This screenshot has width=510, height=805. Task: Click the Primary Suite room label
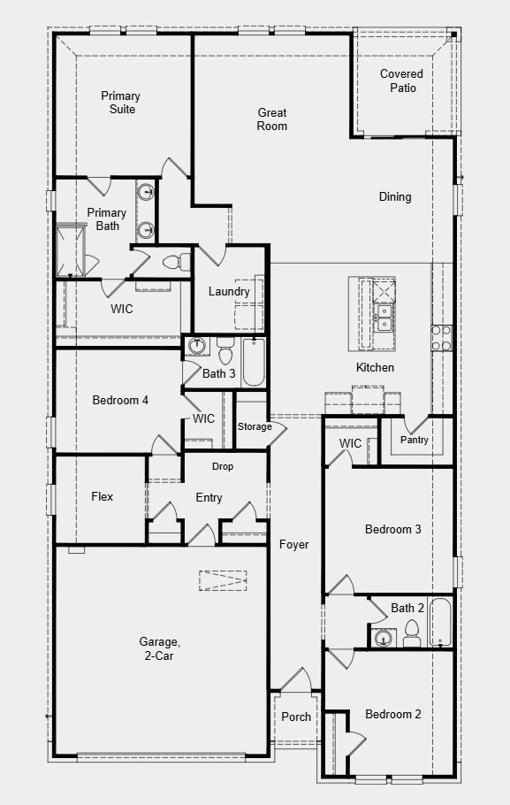(120, 103)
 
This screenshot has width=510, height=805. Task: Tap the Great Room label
(272, 119)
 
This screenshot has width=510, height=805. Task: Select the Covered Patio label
(402, 80)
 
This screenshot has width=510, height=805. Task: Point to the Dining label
(395, 196)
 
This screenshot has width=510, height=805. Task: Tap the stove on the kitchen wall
(441, 337)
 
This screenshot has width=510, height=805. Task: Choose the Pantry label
(415, 440)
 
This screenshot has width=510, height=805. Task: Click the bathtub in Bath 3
(253, 363)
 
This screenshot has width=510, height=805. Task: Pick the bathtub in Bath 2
(441, 623)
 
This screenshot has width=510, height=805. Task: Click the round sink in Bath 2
(383, 637)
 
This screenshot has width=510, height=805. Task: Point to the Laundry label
(229, 292)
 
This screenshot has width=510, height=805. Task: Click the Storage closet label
(255, 427)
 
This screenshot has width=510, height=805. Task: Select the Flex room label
(103, 497)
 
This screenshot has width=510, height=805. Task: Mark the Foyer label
(294, 545)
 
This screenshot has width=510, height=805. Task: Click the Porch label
(296, 717)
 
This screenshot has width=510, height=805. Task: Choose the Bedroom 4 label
(120, 401)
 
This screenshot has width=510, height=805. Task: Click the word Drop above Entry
(223, 466)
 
